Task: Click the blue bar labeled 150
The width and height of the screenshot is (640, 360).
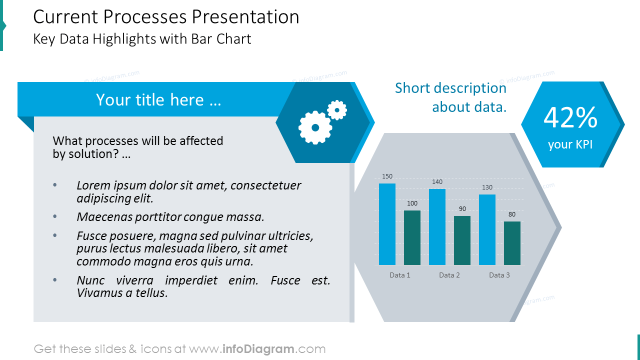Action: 387,224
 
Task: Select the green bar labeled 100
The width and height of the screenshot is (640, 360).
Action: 412,237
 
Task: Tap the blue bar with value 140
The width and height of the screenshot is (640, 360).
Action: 437,227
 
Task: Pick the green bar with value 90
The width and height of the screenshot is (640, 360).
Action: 462,240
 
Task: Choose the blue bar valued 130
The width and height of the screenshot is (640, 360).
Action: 487,229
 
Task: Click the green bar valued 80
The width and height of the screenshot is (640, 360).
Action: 512,243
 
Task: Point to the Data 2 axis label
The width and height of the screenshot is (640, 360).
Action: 449,275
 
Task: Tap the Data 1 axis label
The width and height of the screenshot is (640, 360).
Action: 400,275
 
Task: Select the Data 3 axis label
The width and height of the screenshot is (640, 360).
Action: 499,275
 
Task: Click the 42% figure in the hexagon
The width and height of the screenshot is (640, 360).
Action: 570,117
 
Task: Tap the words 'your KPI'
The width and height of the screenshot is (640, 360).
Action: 570,144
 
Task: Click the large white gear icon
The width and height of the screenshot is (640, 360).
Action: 315,127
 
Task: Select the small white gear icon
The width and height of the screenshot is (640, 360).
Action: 337,110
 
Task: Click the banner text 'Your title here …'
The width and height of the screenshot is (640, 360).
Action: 158,99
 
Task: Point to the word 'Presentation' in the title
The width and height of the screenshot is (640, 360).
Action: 245,16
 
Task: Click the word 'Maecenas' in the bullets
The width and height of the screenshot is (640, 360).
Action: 104,217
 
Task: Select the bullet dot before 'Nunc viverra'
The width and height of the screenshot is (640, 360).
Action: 55,280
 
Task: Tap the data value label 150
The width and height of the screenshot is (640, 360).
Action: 387,176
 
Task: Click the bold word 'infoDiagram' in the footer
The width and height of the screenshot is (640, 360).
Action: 258,349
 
